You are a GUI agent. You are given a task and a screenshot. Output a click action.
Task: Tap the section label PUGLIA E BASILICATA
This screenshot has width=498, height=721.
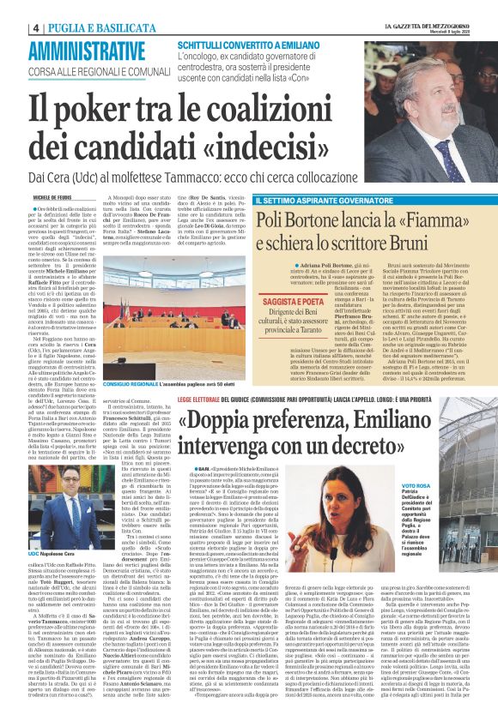pos(85,27)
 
